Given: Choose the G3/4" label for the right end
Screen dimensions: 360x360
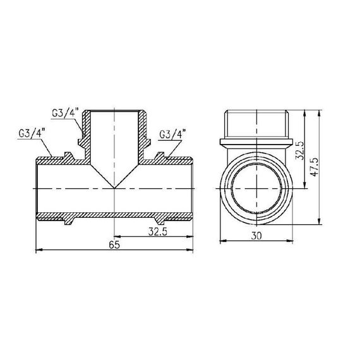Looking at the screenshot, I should [173, 135].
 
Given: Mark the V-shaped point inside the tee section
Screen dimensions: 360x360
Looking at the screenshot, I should [114, 187].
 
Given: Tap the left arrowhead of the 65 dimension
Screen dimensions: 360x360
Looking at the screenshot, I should [37, 251].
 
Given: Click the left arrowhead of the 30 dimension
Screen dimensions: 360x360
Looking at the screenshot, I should [221, 241].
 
